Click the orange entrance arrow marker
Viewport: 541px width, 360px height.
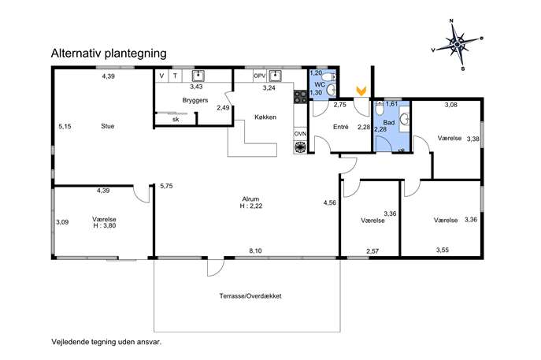click(x=361, y=91)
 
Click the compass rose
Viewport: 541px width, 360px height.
click(x=458, y=45)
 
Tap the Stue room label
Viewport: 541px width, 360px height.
click(x=108, y=126)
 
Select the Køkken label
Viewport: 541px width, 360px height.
click(x=265, y=117)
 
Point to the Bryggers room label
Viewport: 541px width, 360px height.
click(x=195, y=101)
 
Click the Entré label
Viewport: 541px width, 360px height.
click(x=340, y=127)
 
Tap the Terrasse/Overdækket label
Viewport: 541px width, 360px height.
click(x=250, y=296)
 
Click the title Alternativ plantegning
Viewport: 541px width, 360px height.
click(x=109, y=54)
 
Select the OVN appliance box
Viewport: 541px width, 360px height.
click(x=300, y=134)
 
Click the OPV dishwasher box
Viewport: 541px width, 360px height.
click(x=260, y=76)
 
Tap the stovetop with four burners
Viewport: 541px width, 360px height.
click(x=300, y=97)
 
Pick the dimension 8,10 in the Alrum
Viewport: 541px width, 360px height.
click(x=255, y=251)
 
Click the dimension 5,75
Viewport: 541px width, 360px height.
click(x=166, y=186)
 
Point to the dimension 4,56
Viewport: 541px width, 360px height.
click(x=329, y=202)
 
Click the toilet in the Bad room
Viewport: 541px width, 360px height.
click(x=380, y=108)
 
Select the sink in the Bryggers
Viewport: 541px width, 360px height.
click(x=198, y=76)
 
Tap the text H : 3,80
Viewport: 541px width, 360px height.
click(x=105, y=226)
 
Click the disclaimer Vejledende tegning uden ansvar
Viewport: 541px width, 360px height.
click(x=106, y=343)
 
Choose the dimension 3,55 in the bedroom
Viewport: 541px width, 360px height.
click(x=443, y=250)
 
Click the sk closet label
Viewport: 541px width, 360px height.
click(x=176, y=120)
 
